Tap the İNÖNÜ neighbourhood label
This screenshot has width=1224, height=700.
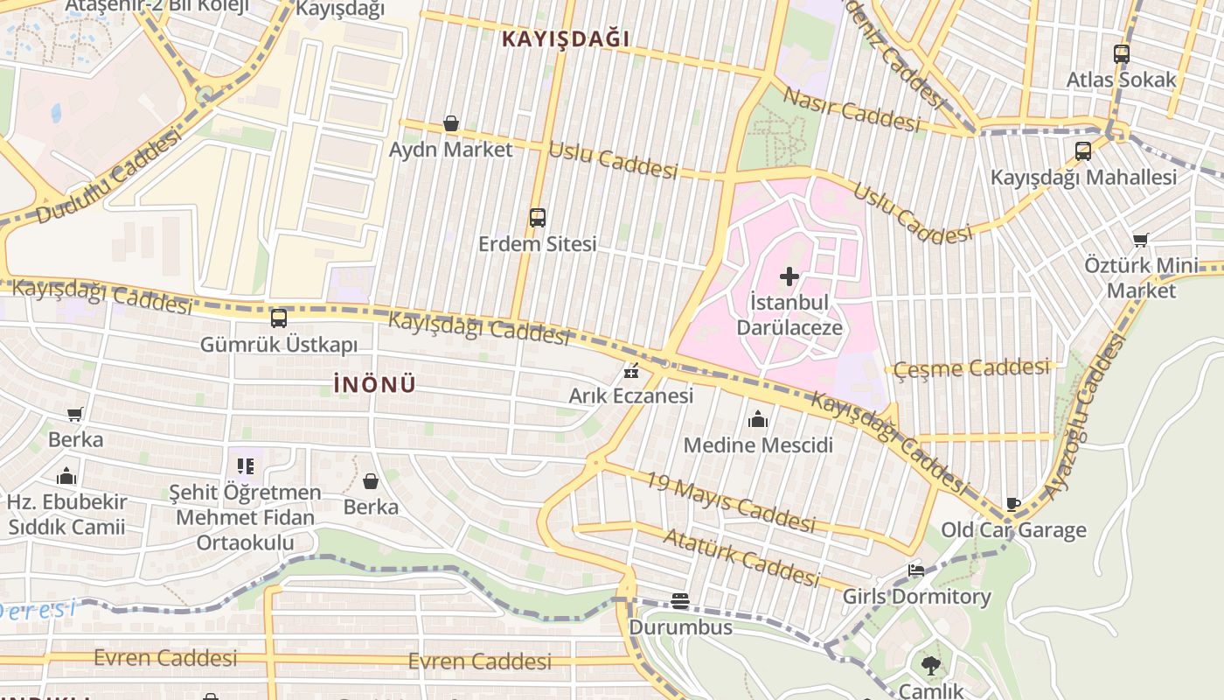click(x=374, y=384)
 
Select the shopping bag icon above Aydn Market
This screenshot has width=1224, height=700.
click(x=451, y=123)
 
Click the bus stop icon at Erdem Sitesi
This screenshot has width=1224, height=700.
click(x=538, y=218)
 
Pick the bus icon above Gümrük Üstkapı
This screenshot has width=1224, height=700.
click(x=279, y=318)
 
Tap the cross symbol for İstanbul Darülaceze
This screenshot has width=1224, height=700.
click(x=789, y=277)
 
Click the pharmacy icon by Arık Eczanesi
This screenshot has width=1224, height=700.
click(x=630, y=372)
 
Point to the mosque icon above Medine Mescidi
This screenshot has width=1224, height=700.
click(x=758, y=420)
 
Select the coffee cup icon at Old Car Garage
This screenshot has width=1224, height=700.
click(x=1013, y=504)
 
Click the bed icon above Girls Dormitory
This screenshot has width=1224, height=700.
click(x=915, y=570)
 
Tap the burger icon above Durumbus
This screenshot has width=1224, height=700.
click(x=680, y=601)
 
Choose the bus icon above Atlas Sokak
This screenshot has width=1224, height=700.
click(x=1122, y=54)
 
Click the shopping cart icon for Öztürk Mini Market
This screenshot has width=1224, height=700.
click(x=1141, y=240)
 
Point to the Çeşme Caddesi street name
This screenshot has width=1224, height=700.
click(x=971, y=368)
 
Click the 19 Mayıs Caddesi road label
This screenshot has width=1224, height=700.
click(x=730, y=502)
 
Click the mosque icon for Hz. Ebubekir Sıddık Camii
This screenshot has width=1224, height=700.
click(x=66, y=477)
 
